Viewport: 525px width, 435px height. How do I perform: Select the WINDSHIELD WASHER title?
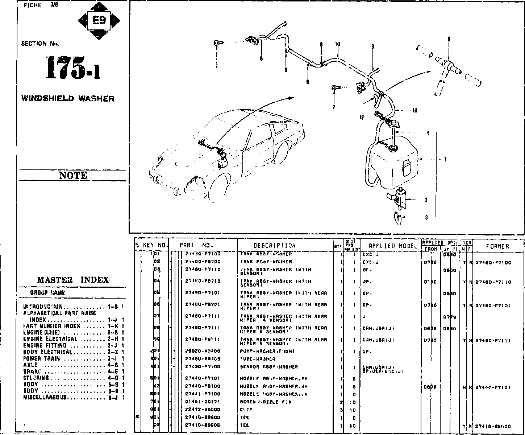pos(68,98)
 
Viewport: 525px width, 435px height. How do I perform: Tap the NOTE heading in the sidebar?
pos(73,176)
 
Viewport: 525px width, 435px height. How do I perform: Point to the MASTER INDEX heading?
pos(73,280)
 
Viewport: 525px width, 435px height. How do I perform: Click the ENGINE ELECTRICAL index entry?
pos(50,339)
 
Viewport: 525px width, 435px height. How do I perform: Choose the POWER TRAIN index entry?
pos(42,358)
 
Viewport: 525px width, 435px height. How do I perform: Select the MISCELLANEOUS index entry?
pos(45,397)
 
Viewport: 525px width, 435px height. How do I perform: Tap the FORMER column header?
pos(497,246)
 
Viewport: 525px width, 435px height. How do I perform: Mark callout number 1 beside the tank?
pos(445,159)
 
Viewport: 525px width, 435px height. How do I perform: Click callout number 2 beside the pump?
pos(426,200)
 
